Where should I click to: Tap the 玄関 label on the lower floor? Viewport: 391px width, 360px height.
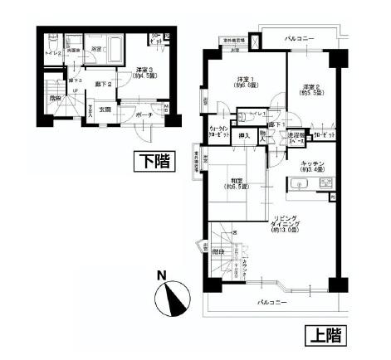click(x=105, y=109)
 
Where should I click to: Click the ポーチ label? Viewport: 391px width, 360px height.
click(x=142, y=115)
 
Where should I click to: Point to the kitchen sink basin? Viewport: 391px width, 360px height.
click(x=300, y=184)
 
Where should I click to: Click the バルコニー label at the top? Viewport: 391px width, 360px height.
click(x=296, y=38)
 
